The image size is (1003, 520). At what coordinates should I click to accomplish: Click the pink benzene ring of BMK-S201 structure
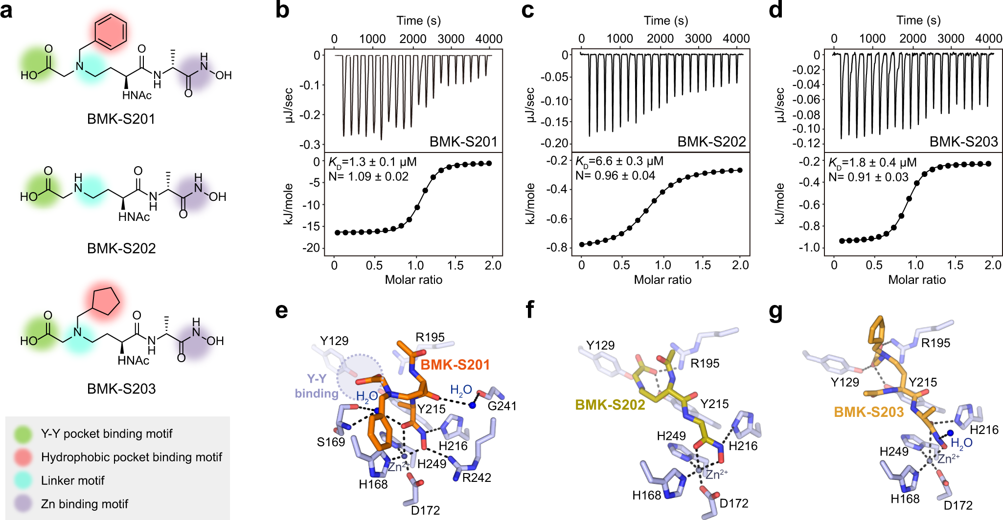point(110,32)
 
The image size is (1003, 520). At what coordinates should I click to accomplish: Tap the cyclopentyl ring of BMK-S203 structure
point(105,301)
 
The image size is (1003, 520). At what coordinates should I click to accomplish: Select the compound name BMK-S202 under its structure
point(121,248)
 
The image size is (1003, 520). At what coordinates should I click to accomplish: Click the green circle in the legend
point(23,434)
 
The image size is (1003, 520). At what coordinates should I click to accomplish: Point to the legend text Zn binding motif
point(84,504)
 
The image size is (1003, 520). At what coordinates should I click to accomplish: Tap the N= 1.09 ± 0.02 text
point(368,176)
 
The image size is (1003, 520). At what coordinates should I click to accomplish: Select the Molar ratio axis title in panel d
point(916,280)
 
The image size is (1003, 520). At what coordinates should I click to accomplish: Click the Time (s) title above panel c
point(665,21)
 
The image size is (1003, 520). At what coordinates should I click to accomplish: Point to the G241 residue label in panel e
point(502,406)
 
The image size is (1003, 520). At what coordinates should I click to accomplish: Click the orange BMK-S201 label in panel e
point(455,365)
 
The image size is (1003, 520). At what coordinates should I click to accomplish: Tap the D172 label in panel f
point(734,503)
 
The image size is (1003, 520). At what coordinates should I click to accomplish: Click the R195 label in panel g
point(935,343)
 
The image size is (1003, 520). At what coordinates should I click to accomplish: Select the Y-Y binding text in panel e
point(317,386)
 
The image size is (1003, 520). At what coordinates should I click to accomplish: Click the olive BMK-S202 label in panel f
point(610,405)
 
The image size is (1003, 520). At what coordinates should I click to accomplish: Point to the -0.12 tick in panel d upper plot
point(806,143)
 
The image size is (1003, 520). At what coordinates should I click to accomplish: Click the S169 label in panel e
point(331,442)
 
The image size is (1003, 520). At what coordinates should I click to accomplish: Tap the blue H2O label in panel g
point(961,443)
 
